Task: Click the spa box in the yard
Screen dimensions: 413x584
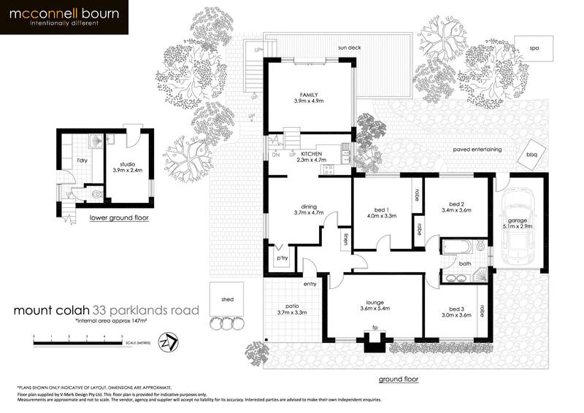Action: point(534,48)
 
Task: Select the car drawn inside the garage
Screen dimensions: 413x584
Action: point(518,223)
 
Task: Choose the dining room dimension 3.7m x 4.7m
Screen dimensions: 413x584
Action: point(293,212)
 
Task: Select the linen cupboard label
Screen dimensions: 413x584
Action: point(344,239)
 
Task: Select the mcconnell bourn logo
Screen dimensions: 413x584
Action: point(64,17)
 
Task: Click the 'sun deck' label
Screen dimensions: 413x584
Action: point(350,48)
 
